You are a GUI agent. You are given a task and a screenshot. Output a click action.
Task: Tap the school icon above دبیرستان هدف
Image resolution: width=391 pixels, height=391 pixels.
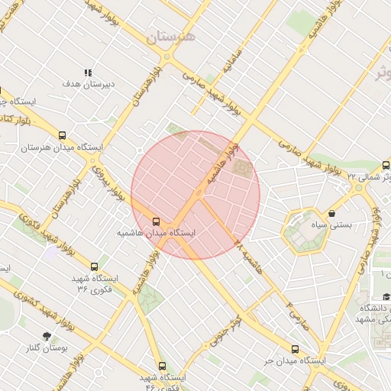tap(87, 73)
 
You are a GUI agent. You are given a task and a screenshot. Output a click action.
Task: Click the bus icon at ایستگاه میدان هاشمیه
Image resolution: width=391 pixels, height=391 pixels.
tap(157, 221)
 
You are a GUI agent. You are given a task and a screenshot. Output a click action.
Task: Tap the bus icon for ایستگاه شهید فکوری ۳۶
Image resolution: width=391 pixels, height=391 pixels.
tap(94, 267)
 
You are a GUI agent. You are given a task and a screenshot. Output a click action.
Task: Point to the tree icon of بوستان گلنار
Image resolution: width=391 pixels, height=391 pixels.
tap(47, 336)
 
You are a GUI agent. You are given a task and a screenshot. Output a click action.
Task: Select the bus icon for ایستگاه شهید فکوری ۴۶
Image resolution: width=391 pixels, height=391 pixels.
tap(161, 366)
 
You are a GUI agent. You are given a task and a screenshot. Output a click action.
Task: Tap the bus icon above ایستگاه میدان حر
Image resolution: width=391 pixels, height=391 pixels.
tap(296, 348)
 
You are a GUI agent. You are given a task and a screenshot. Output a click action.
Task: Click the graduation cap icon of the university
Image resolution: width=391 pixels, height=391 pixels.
tap(386, 297)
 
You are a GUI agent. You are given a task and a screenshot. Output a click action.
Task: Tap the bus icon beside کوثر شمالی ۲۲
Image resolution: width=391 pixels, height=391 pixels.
tap(386, 165)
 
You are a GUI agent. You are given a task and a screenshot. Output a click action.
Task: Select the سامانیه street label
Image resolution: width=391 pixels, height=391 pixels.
tap(231, 71)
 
